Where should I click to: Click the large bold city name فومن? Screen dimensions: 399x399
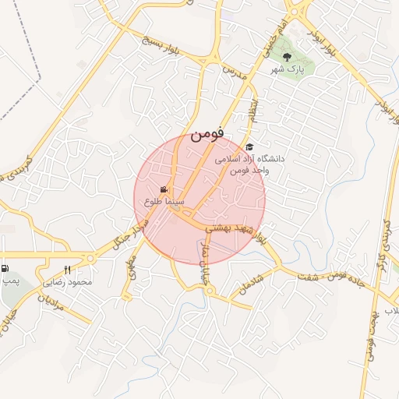[207, 133]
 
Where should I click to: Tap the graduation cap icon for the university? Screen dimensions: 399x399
[249, 147]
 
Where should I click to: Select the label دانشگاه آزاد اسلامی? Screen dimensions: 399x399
[251, 158]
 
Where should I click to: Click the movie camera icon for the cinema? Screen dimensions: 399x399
[164, 190]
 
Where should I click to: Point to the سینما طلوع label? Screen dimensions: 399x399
[164, 201]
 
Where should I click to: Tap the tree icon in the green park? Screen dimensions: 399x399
[288, 57]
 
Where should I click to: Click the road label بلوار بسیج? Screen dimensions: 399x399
[160, 46]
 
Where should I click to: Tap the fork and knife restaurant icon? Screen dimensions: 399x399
[68, 270]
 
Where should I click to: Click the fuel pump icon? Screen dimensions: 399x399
[5, 267]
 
